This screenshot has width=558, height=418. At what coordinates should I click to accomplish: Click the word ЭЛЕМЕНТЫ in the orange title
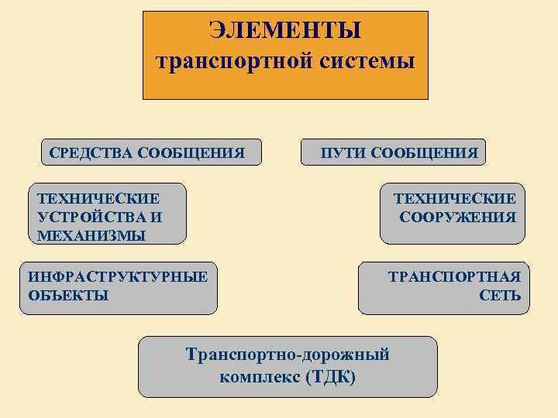[285, 32]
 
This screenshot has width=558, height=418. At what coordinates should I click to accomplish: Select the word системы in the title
[363, 61]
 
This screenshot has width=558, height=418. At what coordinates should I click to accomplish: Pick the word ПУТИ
[343, 152]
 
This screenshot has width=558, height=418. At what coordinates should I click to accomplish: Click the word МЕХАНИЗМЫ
[91, 235]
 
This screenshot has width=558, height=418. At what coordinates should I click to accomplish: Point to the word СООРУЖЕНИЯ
[457, 218]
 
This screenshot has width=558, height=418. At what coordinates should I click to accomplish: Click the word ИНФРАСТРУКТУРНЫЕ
[118, 276]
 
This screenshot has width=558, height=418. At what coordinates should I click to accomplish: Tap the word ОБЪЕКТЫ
[68, 295]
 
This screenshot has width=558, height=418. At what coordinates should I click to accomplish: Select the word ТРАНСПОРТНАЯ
[454, 276]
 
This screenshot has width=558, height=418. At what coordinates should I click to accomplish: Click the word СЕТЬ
[500, 296]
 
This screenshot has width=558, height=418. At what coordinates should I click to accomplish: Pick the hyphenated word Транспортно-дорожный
[288, 355]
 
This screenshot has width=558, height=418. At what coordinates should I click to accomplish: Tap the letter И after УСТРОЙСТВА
[157, 218]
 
